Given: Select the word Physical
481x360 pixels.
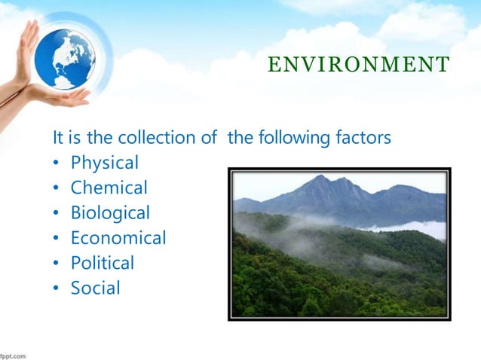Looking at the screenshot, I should [x=105, y=163].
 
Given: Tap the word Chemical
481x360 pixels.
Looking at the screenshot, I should [x=109, y=188].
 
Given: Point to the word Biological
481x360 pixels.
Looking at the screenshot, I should [x=110, y=213].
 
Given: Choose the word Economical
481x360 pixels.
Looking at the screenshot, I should [x=118, y=238].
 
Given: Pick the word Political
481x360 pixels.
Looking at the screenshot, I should [x=103, y=263].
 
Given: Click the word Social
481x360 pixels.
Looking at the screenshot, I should [x=95, y=288].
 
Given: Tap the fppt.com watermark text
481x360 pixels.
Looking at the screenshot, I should [x=14, y=354].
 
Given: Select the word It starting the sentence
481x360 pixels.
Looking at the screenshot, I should [x=58, y=139].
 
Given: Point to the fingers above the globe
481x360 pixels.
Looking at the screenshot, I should [x=30, y=30].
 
